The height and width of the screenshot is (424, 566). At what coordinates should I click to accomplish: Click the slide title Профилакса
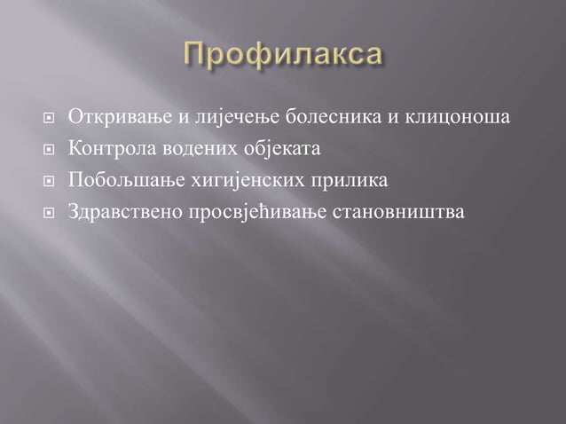284,55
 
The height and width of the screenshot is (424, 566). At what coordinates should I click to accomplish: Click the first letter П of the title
194,54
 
